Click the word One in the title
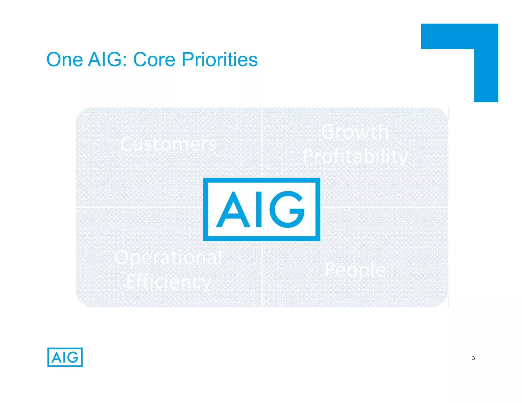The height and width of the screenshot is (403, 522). (x=64, y=60)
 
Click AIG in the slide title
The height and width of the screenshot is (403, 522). (x=105, y=60)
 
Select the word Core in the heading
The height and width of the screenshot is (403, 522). (x=154, y=60)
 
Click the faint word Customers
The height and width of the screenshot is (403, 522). (x=168, y=144)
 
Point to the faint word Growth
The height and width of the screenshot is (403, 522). (x=355, y=132)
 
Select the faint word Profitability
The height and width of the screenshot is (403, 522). (x=355, y=156)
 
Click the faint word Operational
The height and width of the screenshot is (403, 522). (x=168, y=257)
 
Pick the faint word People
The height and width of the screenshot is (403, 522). (x=355, y=269)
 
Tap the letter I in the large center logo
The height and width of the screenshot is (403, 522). (x=259, y=209)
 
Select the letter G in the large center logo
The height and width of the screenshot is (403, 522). (x=287, y=209)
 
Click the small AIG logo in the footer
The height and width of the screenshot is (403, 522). (x=65, y=357)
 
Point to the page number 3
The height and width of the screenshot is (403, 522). (x=473, y=358)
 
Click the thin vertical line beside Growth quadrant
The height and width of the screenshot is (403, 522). (x=449, y=113)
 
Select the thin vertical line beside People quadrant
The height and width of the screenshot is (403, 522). (x=449, y=302)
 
